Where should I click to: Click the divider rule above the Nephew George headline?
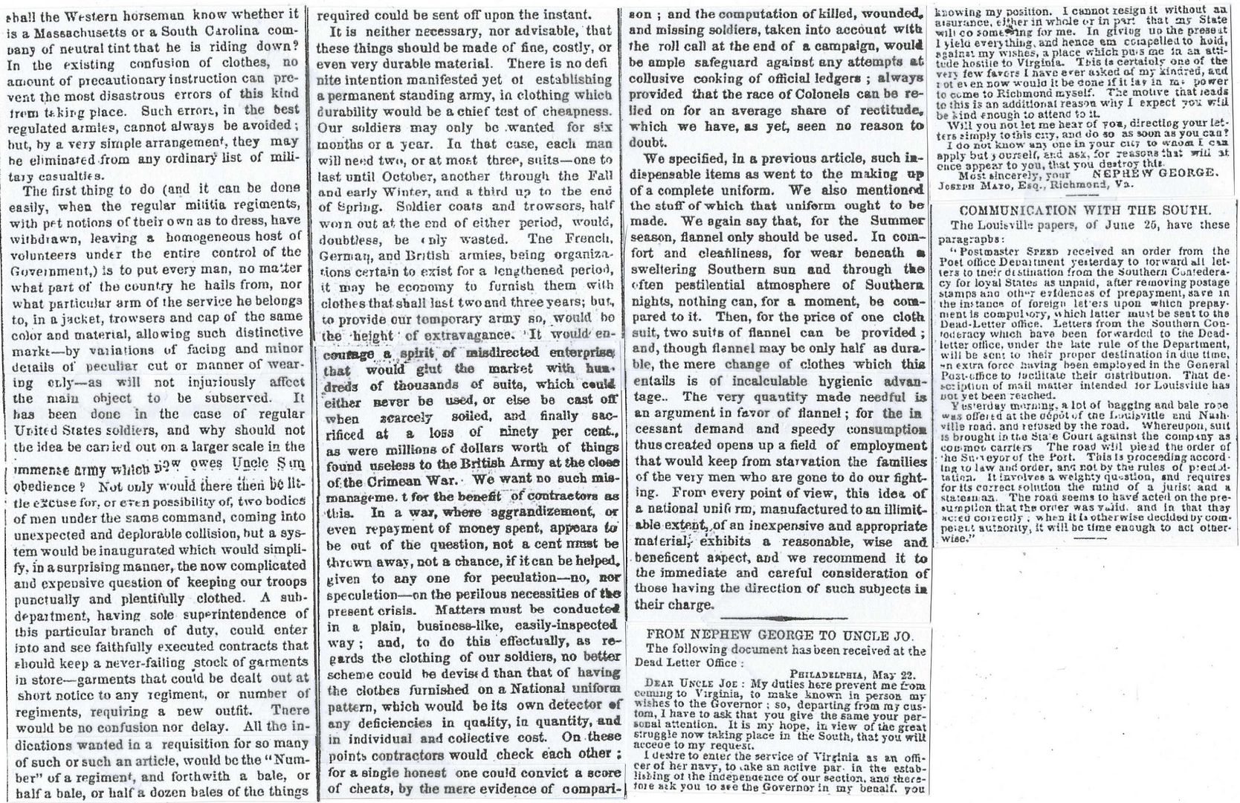(778, 617)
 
